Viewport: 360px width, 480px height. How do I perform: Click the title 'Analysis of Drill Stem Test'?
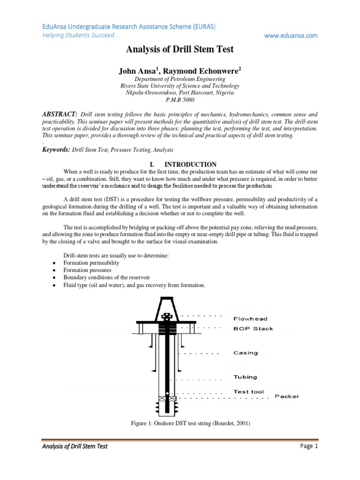tap(180, 49)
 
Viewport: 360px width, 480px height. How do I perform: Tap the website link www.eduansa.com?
tap(291, 36)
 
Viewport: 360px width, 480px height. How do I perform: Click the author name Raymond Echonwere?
tap(203, 71)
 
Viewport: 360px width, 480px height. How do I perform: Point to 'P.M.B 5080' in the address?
tap(180, 100)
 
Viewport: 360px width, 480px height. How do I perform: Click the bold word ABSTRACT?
tap(59, 114)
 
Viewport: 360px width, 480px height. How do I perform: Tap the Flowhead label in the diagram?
tap(251, 319)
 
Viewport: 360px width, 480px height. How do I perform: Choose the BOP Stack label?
tap(253, 329)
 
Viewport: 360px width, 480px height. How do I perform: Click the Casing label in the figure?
tap(246, 353)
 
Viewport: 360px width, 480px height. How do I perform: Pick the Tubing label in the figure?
tap(245, 377)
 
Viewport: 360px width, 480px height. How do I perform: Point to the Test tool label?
tap(249, 391)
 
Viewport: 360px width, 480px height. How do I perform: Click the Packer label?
tap(286, 397)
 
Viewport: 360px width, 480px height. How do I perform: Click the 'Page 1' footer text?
tap(309, 446)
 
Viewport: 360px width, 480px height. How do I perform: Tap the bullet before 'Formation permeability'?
tap(55, 263)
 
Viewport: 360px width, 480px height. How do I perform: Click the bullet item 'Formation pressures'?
tap(88, 270)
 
